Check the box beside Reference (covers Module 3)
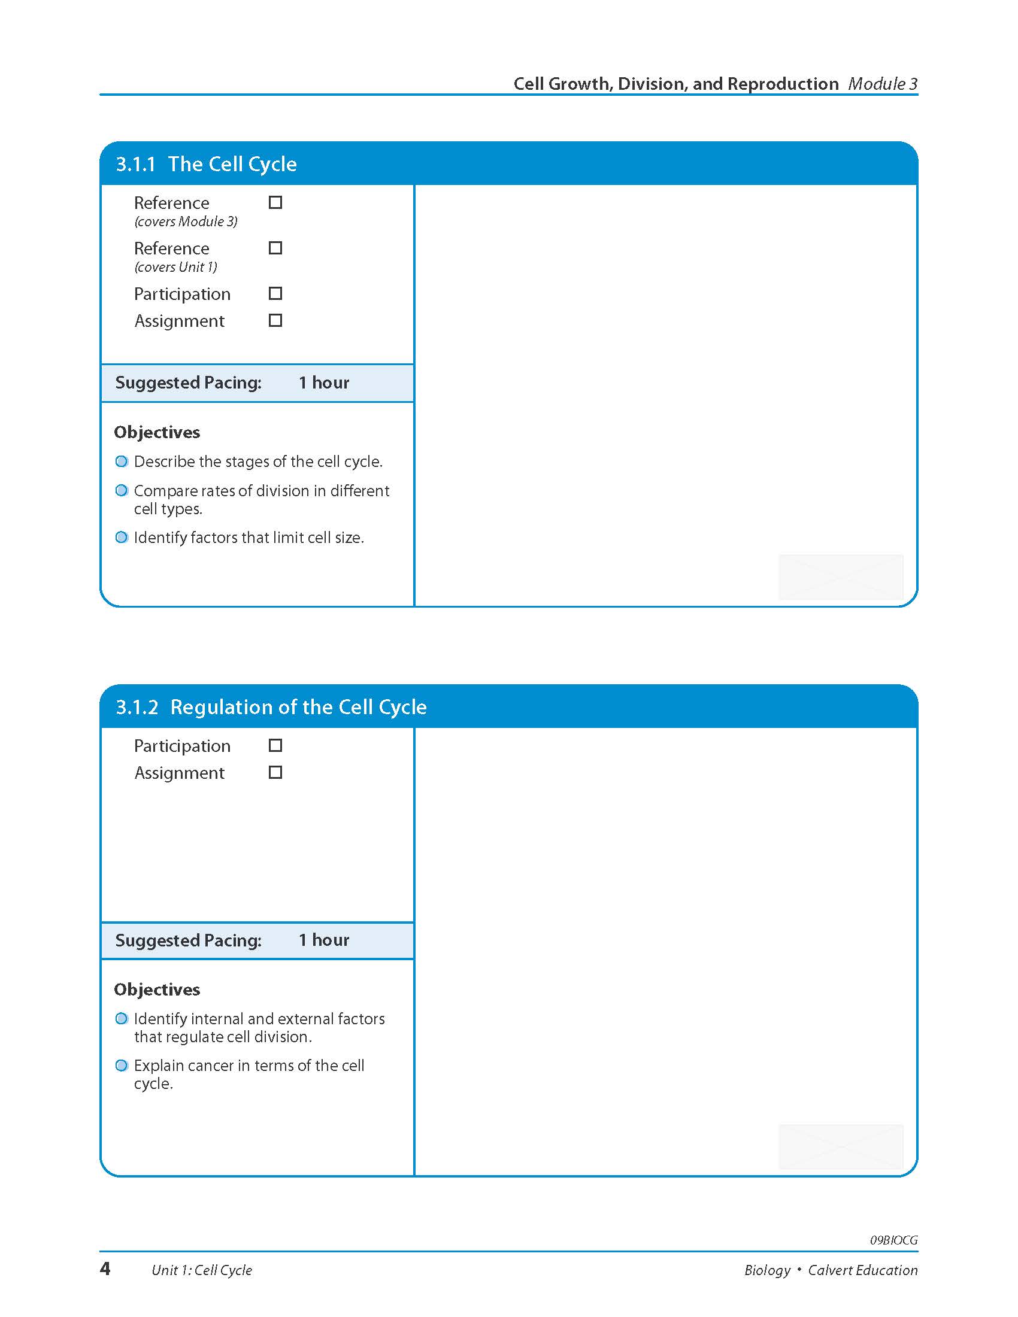click(x=275, y=202)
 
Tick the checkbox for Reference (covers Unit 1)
click(x=275, y=248)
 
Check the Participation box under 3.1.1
click(x=275, y=294)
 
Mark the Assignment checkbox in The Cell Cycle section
click(x=275, y=320)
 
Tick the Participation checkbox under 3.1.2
click(x=275, y=745)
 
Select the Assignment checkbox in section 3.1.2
click(x=275, y=772)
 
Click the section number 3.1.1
click(x=136, y=164)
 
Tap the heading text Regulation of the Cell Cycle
click(x=299, y=707)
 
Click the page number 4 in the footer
click(x=105, y=1269)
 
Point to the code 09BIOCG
click(x=893, y=1240)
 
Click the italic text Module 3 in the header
click(x=882, y=84)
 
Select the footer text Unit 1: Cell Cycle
click(x=201, y=1270)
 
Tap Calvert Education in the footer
click(x=862, y=1270)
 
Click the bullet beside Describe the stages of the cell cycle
click(x=122, y=462)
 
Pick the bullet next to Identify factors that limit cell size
click(x=122, y=538)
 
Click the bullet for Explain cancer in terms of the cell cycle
click(x=122, y=1066)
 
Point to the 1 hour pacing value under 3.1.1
click(x=324, y=383)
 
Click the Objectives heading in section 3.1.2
click(x=157, y=990)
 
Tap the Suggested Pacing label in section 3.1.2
click(x=188, y=940)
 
